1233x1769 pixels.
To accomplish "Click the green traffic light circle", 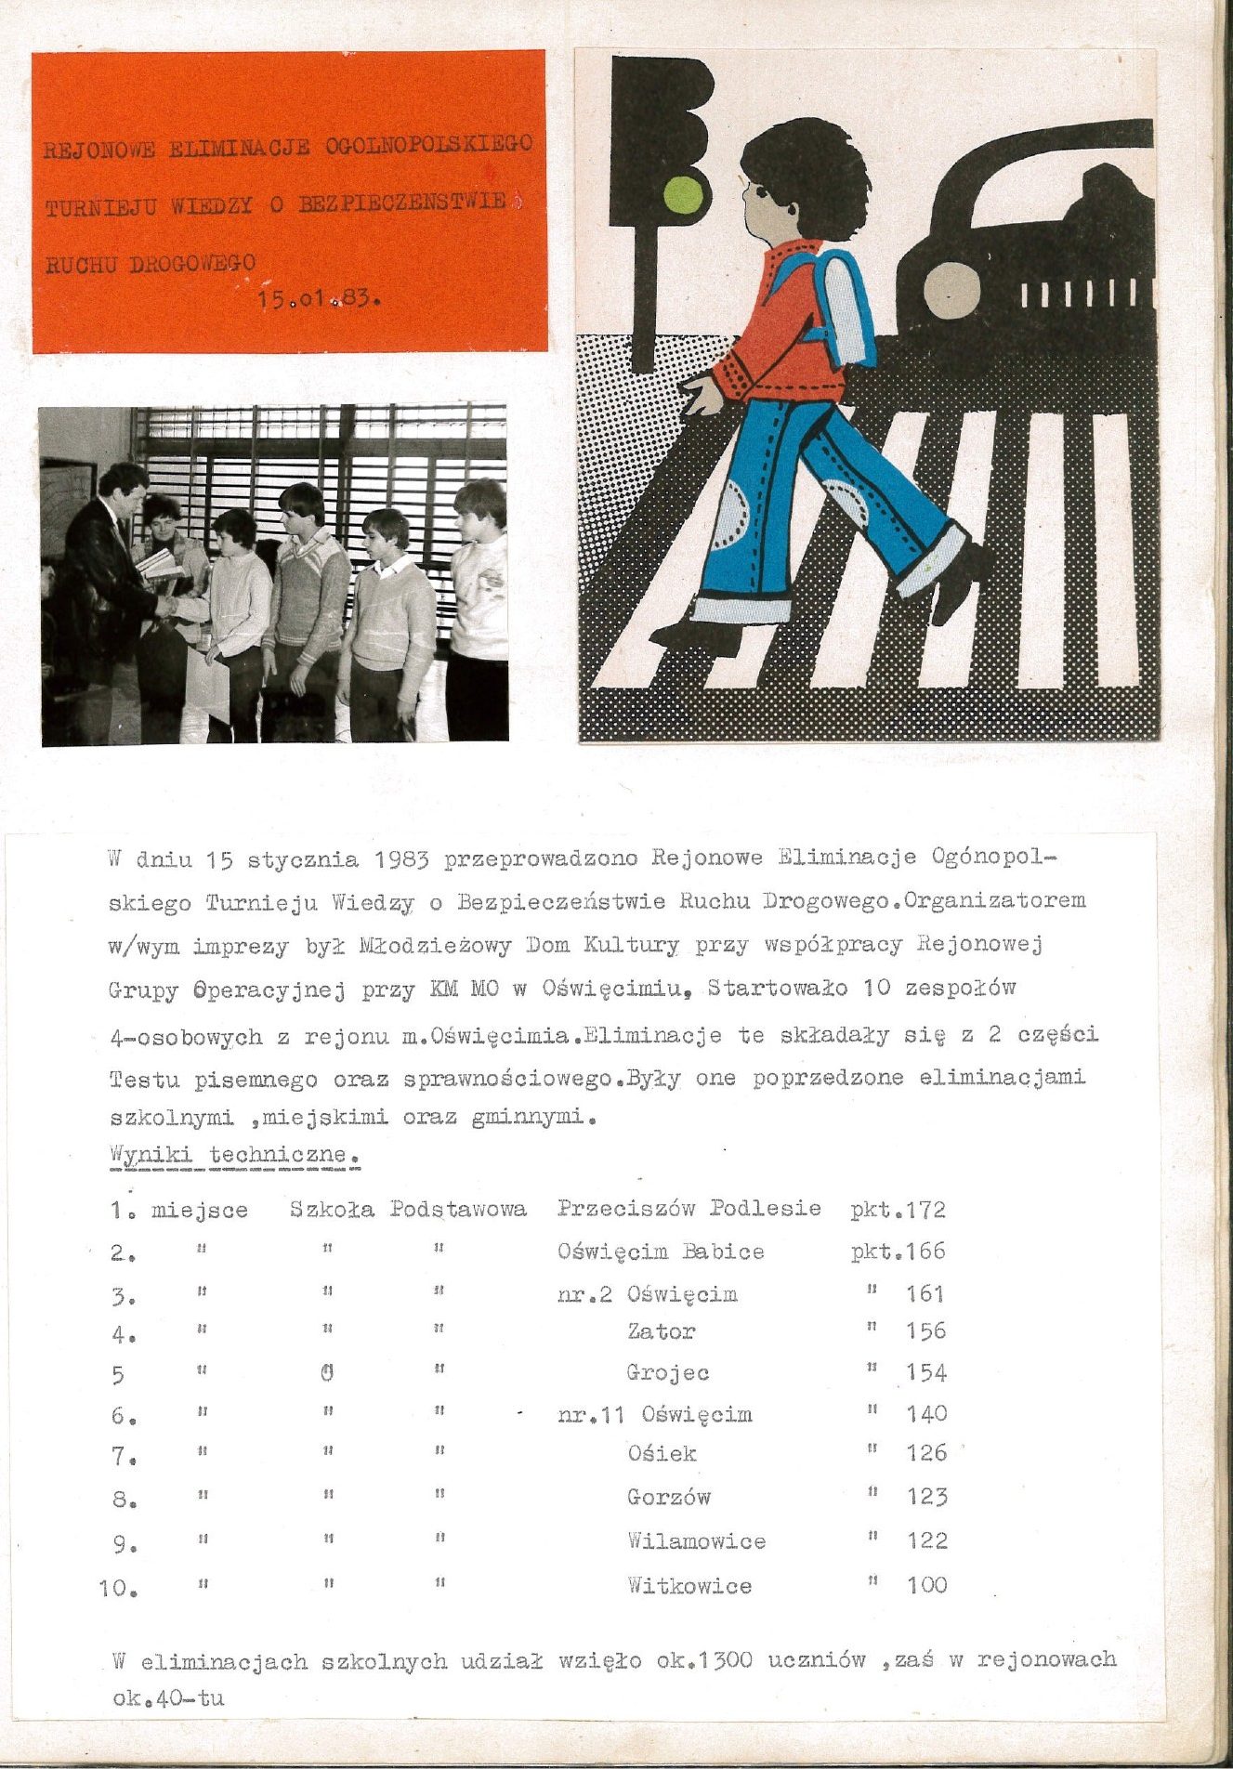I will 684,194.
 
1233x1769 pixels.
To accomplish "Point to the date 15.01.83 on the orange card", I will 320,299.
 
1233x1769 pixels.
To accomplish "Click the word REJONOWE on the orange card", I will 99,149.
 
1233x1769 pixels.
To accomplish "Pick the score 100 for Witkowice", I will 927,1585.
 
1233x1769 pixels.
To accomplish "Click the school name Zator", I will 662,1331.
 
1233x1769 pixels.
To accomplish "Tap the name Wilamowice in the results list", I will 696,1541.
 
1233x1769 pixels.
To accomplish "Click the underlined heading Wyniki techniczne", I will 233,1156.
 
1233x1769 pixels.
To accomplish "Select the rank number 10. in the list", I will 118,1588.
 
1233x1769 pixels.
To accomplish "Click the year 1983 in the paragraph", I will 401,858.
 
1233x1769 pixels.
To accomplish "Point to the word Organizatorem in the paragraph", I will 994,900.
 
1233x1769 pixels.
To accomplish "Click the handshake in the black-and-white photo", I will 170,605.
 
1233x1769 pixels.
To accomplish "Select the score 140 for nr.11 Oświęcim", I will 926,1414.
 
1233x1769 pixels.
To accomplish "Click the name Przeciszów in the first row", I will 625,1208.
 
